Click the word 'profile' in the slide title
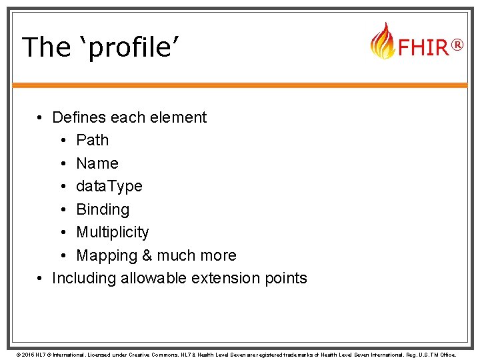[x=127, y=47]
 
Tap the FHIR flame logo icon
[x=382, y=41]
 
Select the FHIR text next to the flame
[x=422, y=47]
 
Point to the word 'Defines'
[x=79, y=117]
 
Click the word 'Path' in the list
[x=92, y=140]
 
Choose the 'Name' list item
[x=97, y=163]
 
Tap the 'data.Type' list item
[x=109, y=186]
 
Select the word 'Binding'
[x=103, y=209]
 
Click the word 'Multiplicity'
[x=113, y=232]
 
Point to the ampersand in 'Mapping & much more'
[x=144, y=255]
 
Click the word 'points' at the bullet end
[x=285, y=279]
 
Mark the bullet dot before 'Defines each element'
[x=41, y=118]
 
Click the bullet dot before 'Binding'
[x=62, y=209]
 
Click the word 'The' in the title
[x=45, y=47]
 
